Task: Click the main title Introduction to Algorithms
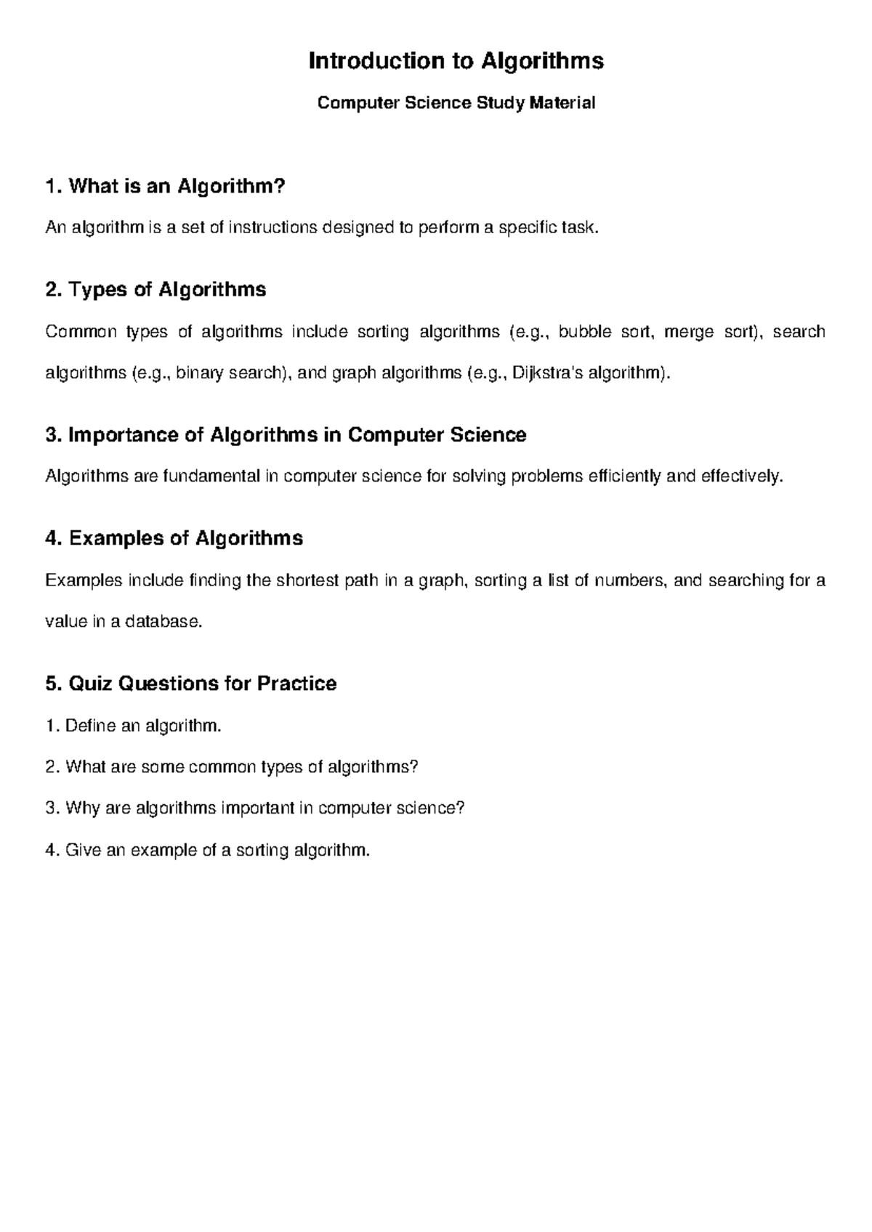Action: [456, 61]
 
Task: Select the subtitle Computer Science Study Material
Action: [456, 103]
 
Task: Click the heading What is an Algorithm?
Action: [165, 187]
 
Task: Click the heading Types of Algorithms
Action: [156, 290]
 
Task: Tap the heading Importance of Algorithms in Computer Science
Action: [285, 435]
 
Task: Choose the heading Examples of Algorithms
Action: [174, 538]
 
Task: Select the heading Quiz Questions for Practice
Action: [190, 684]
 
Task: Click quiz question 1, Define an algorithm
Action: [133, 726]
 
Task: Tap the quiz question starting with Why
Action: [254, 808]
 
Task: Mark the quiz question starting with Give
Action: [208, 850]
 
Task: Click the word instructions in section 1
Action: [272, 228]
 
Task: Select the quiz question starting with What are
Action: [232, 767]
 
